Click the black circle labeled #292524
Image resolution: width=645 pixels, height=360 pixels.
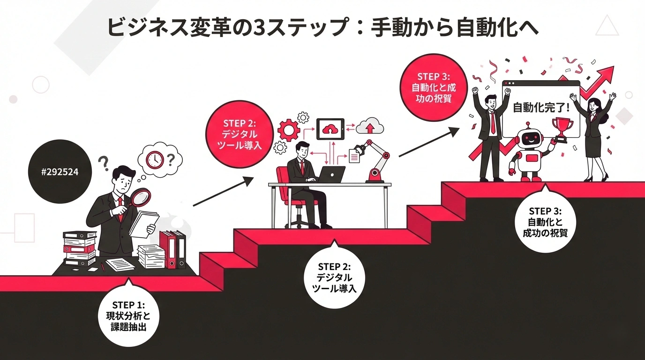click(60, 172)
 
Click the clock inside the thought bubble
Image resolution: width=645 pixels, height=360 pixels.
click(154, 159)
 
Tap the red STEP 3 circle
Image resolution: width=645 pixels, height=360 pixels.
click(434, 88)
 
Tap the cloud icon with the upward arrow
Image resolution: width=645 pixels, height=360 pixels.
click(370, 127)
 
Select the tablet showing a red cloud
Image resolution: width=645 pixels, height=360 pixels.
click(330, 128)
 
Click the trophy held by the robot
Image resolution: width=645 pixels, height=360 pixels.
click(560, 128)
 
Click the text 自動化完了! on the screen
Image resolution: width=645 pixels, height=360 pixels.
click(541, 107)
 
